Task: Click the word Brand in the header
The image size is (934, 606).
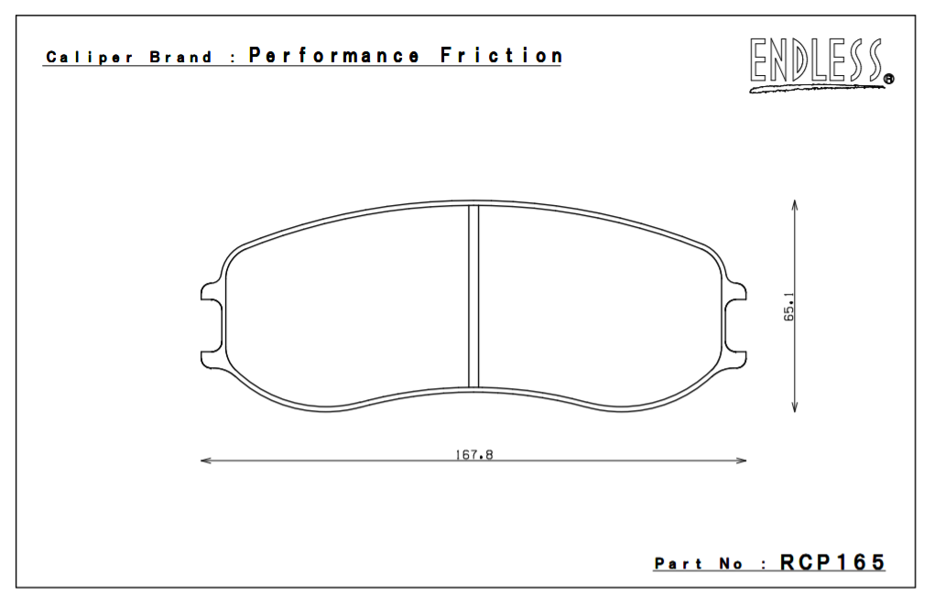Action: click(180, 58)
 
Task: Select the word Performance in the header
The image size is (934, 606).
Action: click(334, 56)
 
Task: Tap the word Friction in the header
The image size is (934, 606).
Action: click(501, 56)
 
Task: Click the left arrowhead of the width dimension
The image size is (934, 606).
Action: click(205, 460)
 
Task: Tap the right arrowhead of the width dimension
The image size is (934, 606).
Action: click(742, 460)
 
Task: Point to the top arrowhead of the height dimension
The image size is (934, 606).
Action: click(794, 204)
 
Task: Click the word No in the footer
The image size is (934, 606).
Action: click(732, 565)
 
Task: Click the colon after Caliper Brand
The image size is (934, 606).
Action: click(234, 59)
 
